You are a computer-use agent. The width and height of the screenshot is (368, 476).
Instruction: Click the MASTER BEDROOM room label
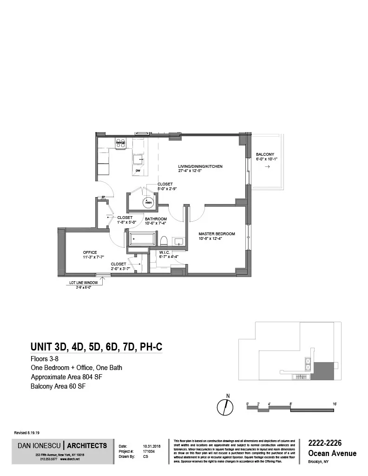click(217, 234)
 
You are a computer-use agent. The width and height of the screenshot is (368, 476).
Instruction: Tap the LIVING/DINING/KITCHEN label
click(200, 166)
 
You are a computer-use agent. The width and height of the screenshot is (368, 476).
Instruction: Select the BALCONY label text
click(265, 154)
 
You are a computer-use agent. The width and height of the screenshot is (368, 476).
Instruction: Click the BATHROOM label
click(155, 218)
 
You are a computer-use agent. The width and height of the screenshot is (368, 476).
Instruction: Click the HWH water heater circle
click(148, 202)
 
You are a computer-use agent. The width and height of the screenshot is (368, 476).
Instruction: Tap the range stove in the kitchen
click(121, 144)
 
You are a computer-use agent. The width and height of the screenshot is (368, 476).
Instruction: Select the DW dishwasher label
click(138, 171)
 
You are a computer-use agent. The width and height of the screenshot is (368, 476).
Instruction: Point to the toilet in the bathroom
click(164, 240)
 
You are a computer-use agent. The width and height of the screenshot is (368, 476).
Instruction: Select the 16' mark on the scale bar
click(335, 403)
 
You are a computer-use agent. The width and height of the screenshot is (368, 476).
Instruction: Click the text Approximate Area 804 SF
click(66, 377)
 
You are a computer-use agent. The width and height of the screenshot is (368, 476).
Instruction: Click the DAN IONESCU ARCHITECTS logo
click(62, 445)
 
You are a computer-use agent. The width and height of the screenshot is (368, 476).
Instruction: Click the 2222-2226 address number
click(325, 443)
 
